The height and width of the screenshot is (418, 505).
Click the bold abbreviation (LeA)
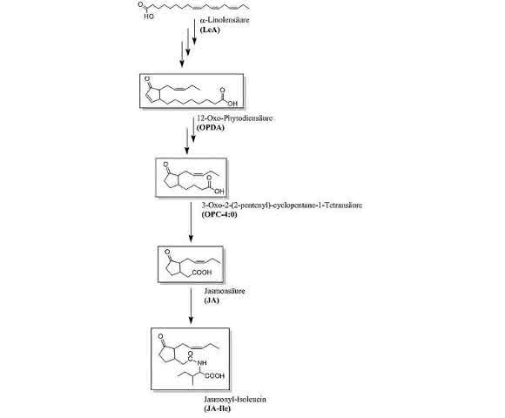coord(210,30)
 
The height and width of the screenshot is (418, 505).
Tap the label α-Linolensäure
coord(225,20)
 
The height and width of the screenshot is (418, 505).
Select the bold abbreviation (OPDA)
coord(211,127)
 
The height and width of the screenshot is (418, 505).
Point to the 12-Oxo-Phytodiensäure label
coord(234,118)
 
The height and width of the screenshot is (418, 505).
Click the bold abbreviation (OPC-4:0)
coord(219,214)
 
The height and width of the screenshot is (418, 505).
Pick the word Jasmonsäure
coord(225,291)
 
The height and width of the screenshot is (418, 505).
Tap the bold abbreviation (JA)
coord(212,300)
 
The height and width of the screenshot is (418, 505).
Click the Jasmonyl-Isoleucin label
coord(235,400)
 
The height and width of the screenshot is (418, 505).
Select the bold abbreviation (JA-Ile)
coord(217,409)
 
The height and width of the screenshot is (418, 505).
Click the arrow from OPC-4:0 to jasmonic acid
coord(191,222)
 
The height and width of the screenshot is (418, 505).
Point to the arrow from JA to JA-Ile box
coord(191,306)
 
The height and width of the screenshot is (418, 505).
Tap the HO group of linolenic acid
coord(149,16)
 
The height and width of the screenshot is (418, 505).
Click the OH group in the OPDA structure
coord(232,104)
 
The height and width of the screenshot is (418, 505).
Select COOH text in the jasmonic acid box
coord(202,273)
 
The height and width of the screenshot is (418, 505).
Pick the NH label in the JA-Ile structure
coord(202,363)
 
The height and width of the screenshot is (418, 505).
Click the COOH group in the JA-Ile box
coord(215,376)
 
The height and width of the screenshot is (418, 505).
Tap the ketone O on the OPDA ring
coord(147,78)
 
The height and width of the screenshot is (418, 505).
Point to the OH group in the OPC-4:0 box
coord(219,192)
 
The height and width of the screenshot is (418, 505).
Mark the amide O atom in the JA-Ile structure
coord(191,354)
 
